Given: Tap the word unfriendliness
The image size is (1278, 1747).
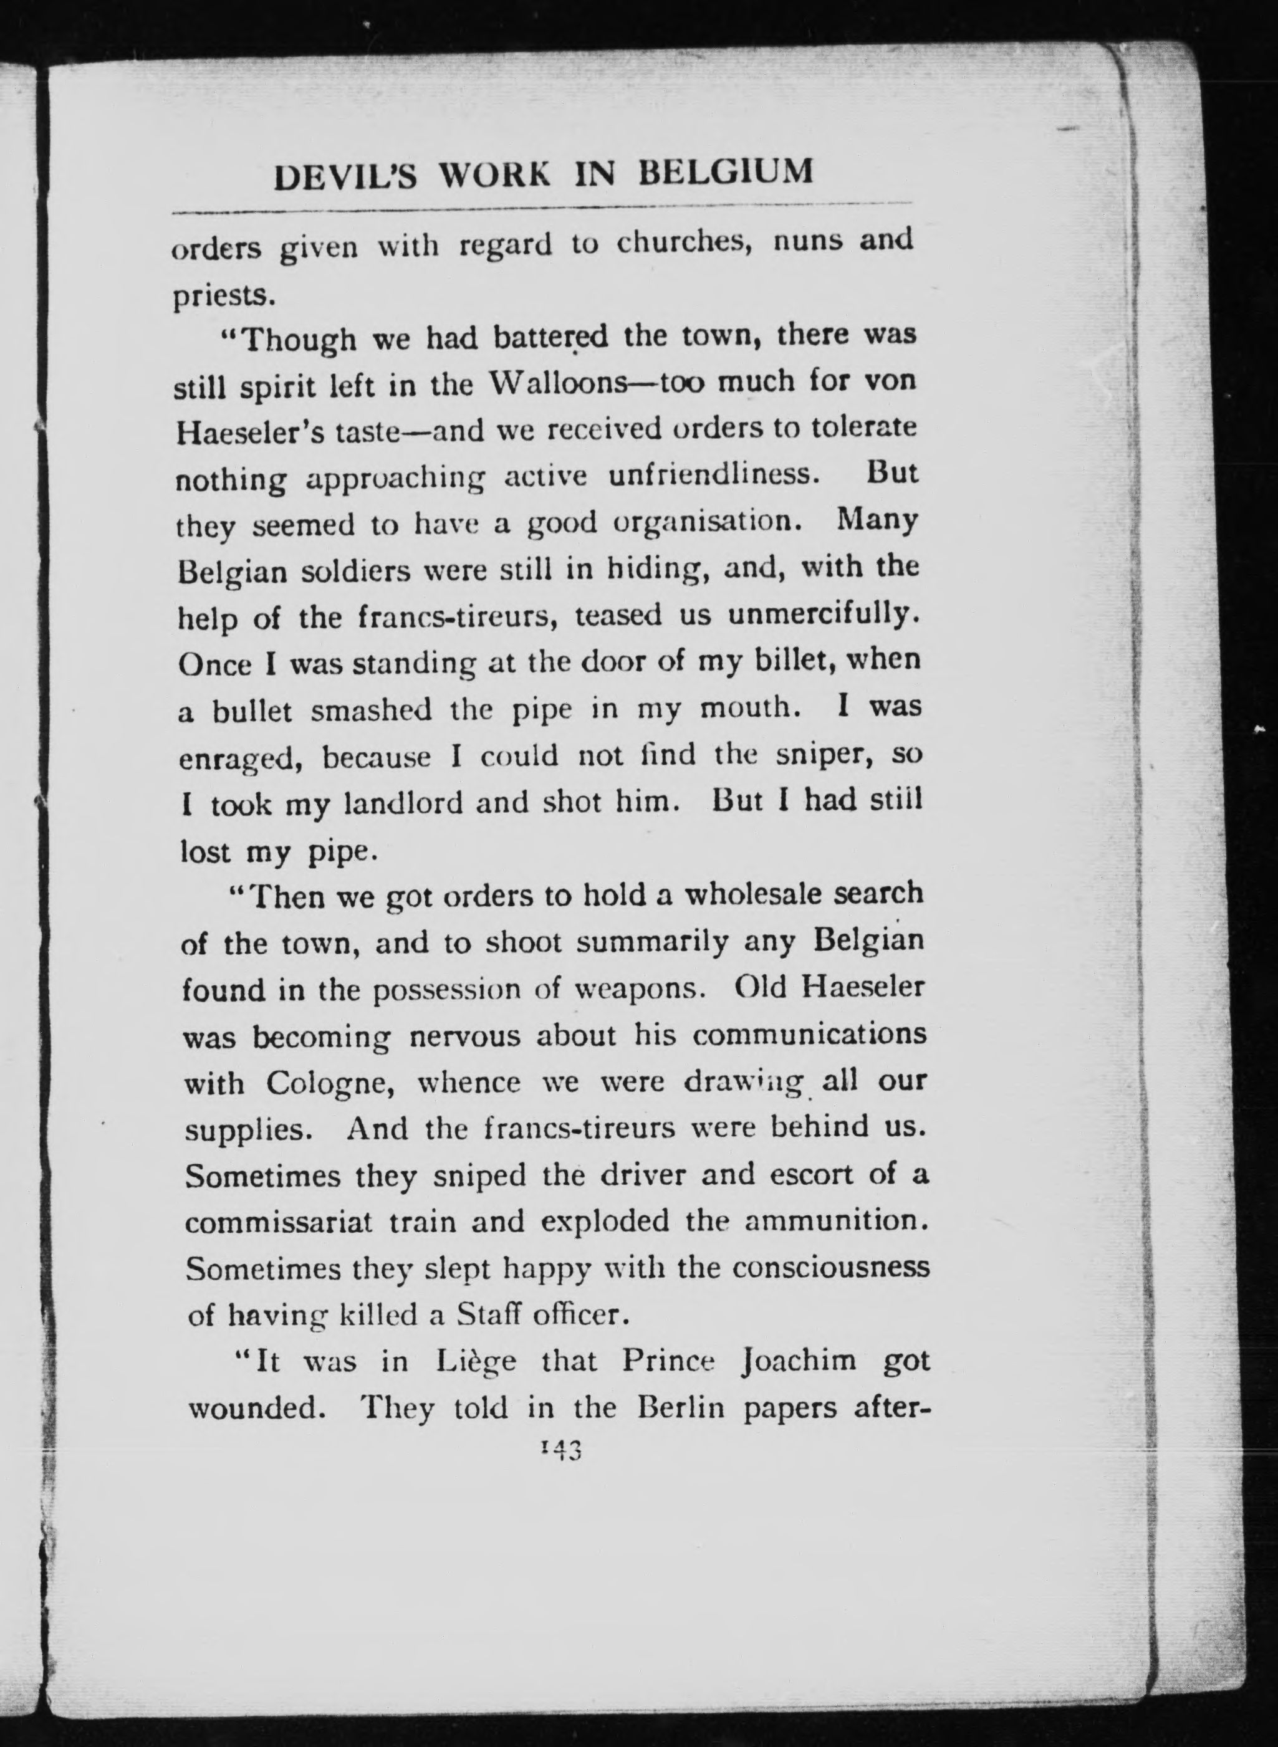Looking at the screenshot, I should [713, 474].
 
